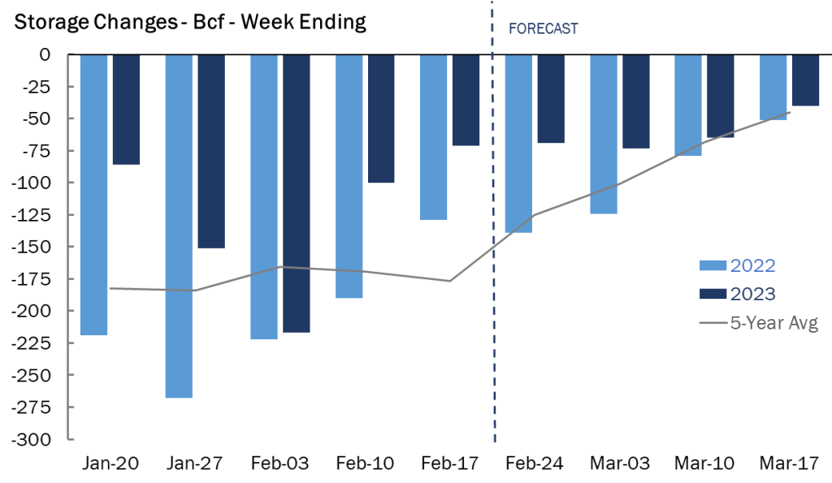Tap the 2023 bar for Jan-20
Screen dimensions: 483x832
(126, 110)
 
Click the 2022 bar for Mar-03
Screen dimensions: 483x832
(603, 134)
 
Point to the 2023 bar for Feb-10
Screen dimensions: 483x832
(381, 119)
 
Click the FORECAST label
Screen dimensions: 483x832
(543, 28)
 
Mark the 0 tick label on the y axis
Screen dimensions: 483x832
(45, 54)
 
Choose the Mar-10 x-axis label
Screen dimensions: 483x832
(704, 464)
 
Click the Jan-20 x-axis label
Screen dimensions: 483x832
(111, 464)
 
